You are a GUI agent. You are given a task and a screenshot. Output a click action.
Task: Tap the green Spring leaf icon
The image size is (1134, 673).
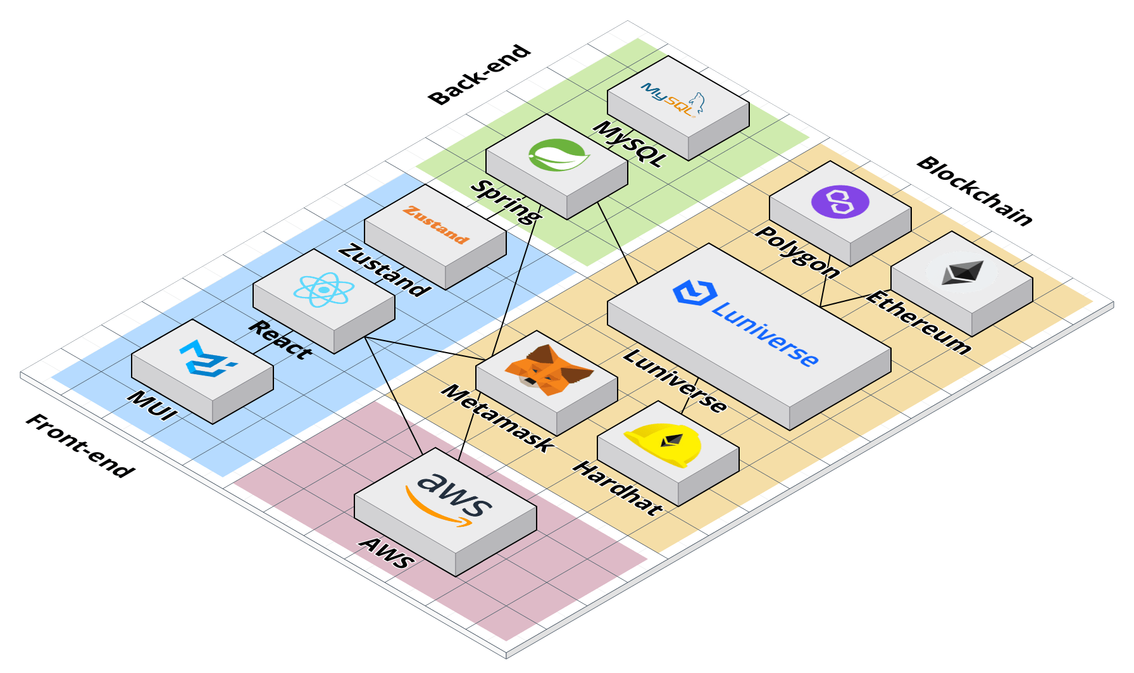point(559,155)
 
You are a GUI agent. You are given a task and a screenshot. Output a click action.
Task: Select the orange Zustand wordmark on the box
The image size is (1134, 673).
point(436,225)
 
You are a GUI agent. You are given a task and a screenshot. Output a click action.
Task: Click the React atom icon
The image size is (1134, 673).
point(323,289)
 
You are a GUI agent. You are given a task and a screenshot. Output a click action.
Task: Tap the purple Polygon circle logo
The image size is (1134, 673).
point(840,202)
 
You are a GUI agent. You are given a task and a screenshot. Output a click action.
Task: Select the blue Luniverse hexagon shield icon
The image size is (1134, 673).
point(695,293)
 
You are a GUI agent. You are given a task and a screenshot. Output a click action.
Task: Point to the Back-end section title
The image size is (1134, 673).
point(479,75)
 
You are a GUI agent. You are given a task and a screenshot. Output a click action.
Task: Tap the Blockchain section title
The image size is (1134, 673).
point(974,191)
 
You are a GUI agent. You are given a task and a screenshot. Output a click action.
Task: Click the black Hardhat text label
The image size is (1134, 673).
point(618,488)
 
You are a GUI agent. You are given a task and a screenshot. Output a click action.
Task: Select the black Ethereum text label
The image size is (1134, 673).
point(918,322)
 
